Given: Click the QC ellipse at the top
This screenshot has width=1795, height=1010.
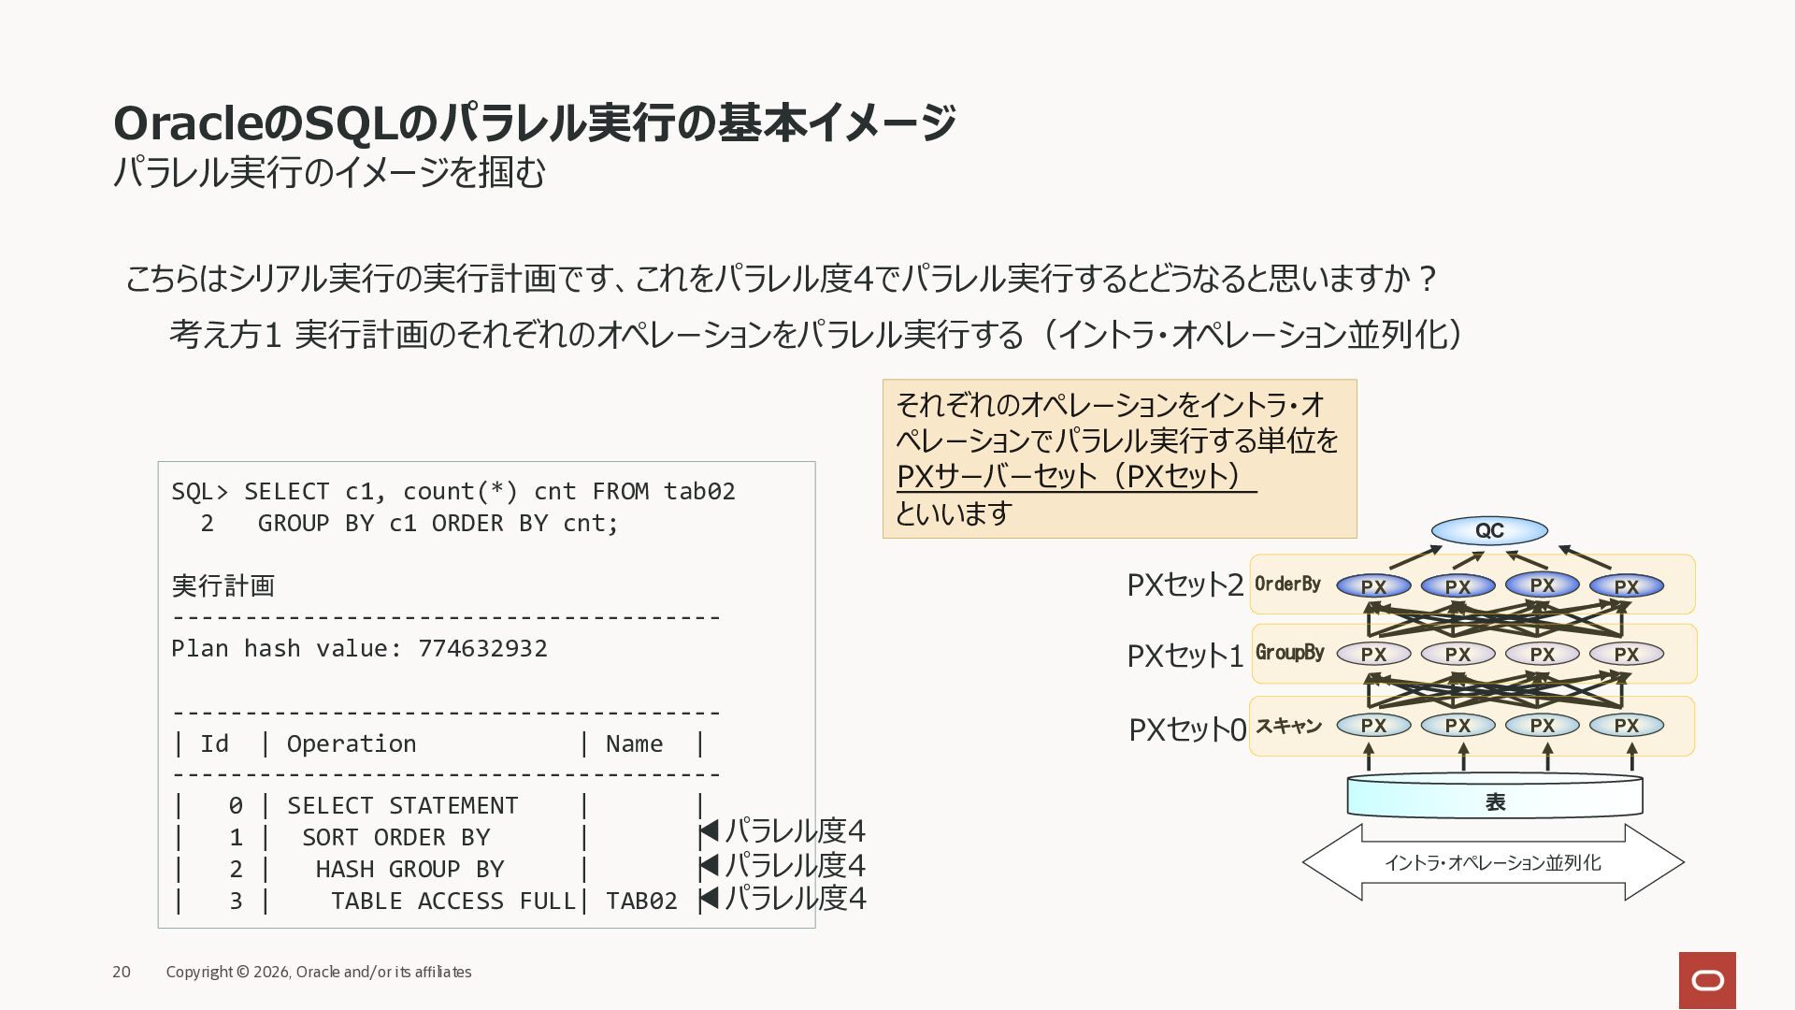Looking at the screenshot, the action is pyautogui.click(x=1489, y=530).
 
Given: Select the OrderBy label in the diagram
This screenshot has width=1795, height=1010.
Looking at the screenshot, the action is pyautogui.click(x=1287, y=584).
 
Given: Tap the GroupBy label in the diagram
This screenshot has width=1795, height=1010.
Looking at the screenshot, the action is pyautogui.click(x=1289, y=653).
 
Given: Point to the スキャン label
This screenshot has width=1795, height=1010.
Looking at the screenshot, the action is pyautogui.click(x=1288, y=726).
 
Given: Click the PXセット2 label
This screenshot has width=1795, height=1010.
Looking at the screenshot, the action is pyautogui.click(x=1185, y=585).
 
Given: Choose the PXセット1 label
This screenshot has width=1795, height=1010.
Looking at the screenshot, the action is pyautogui.click(x=1185, y=656).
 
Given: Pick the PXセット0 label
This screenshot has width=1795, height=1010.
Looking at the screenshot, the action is pyautogui.click(x=1187, y=729).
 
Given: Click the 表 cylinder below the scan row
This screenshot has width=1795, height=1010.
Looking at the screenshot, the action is pyautogui.click(x=1494, y=796).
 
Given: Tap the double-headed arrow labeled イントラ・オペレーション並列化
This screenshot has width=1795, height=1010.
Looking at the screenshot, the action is pyautogui.click(x=1493, y=862).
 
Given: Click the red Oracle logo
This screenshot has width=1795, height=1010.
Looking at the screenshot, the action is pyautogui.click(x=1707, y=980).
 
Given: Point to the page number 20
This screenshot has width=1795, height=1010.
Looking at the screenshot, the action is pyautogui.click(x=122, y=972).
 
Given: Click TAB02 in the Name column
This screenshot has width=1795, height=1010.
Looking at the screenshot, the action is pyautogui.click(x=641, y=901).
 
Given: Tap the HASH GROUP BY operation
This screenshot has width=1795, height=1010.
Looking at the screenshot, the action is pyautogui.click(x=409, y=869).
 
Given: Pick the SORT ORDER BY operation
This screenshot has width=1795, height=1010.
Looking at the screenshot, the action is pyautogui.click(x=395, y=837).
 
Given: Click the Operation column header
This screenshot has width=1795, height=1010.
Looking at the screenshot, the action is pyautogui.click(x=352, y=744).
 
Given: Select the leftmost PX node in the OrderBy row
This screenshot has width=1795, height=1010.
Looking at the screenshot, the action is pyautogui.click(x=1373, y=586).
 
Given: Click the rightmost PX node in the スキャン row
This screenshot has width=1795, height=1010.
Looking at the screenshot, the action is pyautogui.click(x=1627, y=725).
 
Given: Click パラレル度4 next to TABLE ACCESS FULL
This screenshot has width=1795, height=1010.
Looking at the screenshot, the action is pyautogui.click(x=796, y=898).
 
